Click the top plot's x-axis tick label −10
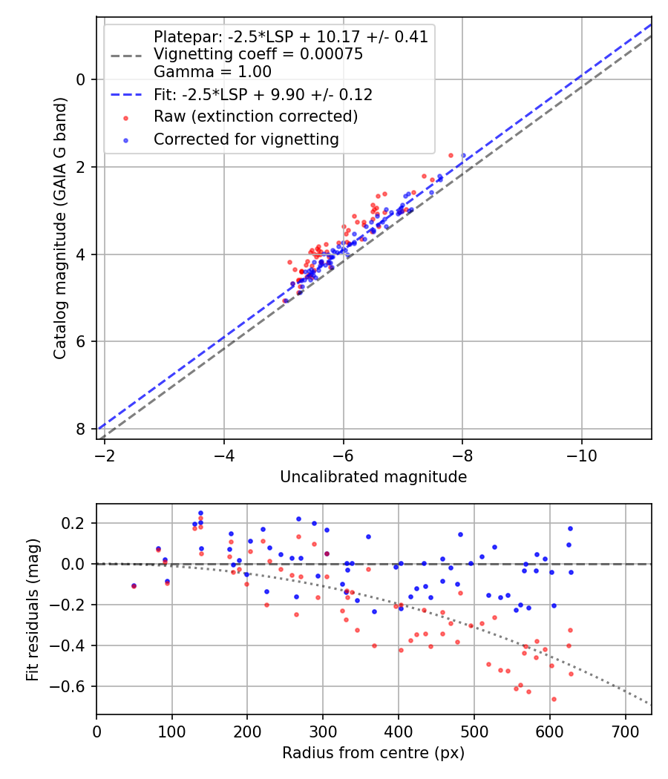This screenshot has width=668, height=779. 581,456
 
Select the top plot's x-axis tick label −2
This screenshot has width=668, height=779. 105,456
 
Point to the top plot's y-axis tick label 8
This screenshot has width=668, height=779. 81,429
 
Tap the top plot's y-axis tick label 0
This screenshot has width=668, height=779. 81,79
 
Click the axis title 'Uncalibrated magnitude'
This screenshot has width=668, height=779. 373,477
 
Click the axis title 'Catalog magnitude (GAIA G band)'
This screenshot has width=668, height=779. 59,228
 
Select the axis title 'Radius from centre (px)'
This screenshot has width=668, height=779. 373,753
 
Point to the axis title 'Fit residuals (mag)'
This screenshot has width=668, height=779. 33,609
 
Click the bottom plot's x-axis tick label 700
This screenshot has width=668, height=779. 625,732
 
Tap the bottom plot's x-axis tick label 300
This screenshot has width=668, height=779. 323,732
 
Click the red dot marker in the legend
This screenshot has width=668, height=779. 125,118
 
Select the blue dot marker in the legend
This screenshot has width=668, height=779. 125,140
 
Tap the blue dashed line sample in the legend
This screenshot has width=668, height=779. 125,94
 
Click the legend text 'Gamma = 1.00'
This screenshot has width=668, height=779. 213,71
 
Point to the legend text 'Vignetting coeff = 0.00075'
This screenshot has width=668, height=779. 258,53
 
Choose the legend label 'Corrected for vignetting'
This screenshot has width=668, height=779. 246,139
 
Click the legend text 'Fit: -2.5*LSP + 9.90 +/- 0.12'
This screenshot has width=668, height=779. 263,94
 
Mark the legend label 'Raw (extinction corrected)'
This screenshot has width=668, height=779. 256,116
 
